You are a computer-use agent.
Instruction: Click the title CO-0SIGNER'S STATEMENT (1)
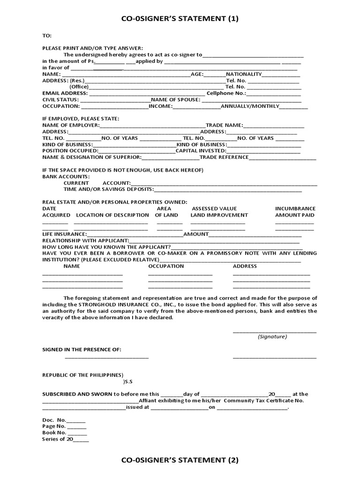tap(180, 19)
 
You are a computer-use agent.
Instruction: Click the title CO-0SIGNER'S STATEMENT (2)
tap(180, 460)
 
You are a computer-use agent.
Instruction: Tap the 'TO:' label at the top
tap(47, 36)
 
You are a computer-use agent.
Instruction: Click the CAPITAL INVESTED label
tap(201, 151)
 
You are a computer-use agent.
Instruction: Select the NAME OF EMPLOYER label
tap(71, 126)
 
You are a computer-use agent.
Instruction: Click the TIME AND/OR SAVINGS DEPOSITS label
tap(108, 189)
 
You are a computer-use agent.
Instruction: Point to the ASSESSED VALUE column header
tap(214, 209)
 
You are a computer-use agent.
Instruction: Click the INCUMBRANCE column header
tap(295, 209)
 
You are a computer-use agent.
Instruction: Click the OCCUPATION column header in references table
tap(166, 266)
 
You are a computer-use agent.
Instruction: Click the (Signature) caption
tap(272, 337)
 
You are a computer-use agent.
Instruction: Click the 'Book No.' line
tap(54, 433)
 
